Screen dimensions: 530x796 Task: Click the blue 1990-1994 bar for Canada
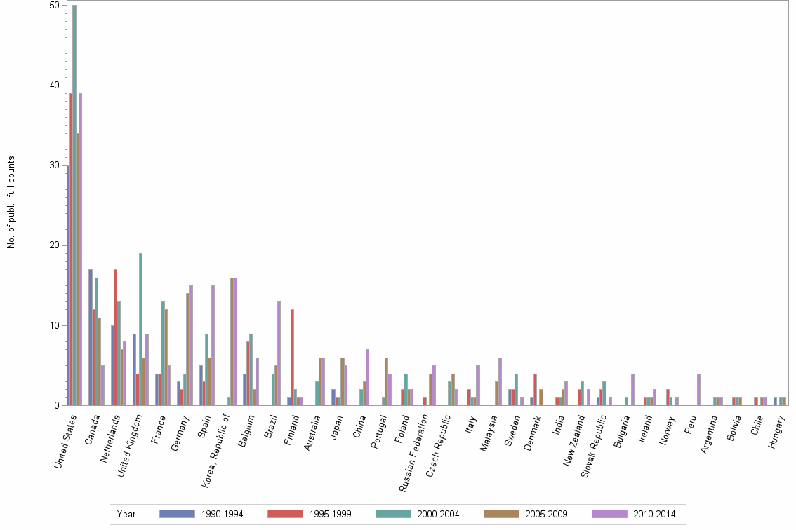[x=91, y=337]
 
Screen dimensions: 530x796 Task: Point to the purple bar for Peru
[x=699, y=389]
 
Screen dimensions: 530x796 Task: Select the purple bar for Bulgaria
[x=632, y=389]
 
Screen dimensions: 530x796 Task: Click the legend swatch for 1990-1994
[x=177, y=514]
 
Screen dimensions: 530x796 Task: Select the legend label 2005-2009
[x=546, y=514]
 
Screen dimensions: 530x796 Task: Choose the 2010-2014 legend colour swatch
[x=609, y=514]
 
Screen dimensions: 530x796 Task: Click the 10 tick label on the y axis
[x=54, y=325]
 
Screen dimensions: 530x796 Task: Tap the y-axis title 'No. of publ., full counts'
[x=11, y=203]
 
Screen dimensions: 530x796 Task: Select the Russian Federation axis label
[x=415, y=456]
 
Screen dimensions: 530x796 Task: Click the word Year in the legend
[x=127, y=514]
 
